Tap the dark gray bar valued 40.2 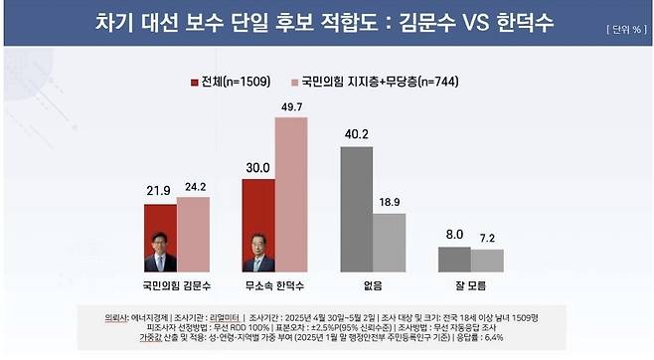(x=357, y=209)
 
